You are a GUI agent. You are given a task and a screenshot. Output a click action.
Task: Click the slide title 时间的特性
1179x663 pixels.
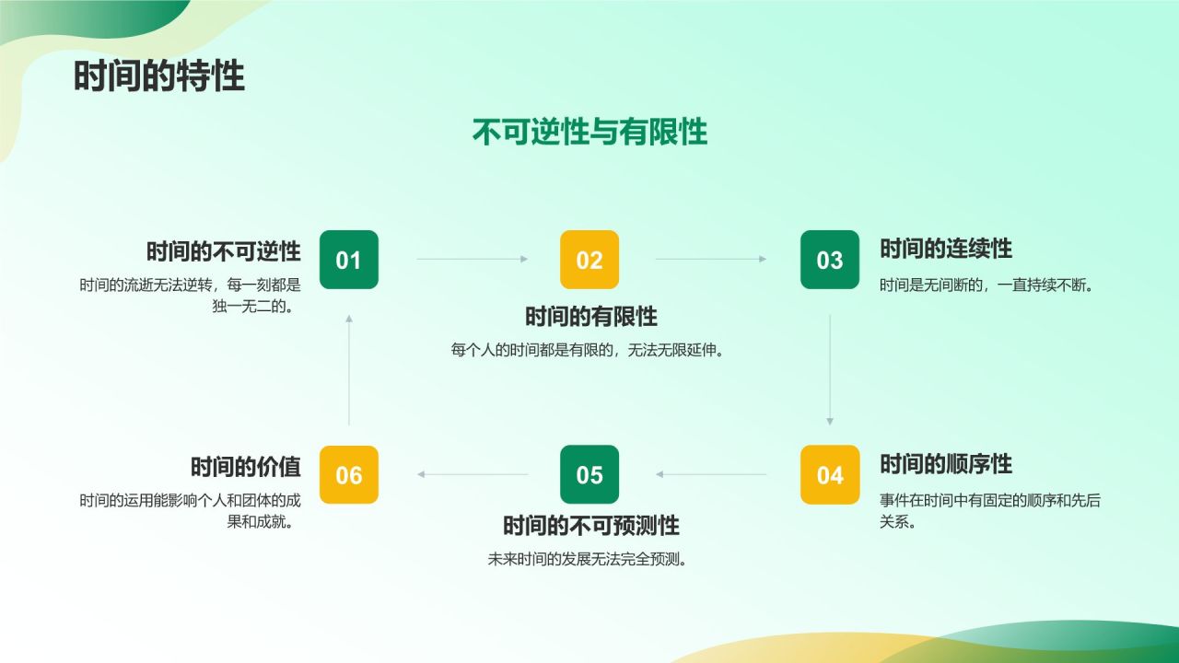tap(159, 76)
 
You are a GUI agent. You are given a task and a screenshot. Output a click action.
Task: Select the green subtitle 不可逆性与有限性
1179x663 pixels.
tap(589, 133)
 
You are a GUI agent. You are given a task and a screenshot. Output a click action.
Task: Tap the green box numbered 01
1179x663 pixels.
tap(348, 260)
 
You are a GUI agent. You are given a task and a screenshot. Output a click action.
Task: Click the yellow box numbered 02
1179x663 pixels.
tap(589, 260)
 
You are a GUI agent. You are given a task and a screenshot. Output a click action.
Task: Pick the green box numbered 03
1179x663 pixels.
tap(830, 260)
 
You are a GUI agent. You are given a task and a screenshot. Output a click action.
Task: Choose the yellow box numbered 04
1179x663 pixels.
tap(830, 475)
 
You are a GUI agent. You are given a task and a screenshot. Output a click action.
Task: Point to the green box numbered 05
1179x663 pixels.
tap(589, 475)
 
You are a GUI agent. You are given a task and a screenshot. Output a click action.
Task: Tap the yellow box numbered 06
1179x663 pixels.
tap(348, 475)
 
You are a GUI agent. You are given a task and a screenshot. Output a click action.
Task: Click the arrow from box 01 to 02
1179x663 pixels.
tap(472, 260)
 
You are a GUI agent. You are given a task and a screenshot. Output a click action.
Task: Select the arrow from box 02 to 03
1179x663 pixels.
tap(710, 260)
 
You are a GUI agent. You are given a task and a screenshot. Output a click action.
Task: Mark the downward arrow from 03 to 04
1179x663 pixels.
tap(830, 369)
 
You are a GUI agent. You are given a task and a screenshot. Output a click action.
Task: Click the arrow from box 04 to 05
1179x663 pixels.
tap(710, 475)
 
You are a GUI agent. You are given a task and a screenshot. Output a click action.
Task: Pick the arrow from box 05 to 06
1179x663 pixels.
tap(472, 475)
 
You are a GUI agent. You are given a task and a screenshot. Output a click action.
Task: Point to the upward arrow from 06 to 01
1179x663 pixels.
tap(348, 369)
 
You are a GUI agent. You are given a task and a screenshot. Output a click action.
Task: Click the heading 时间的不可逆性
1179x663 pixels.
tap(224, 250)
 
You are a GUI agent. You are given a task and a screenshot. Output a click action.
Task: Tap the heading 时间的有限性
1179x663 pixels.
tap(591, 317)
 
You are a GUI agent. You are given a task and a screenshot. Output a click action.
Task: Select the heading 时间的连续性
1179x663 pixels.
tap(946, 249)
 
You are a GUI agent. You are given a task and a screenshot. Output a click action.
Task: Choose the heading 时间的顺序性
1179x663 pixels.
tap(946, 464)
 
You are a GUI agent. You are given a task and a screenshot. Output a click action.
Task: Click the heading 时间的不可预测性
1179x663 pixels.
tap(591, 526)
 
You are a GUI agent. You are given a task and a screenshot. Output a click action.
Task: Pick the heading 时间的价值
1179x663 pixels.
tap(246, 466)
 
